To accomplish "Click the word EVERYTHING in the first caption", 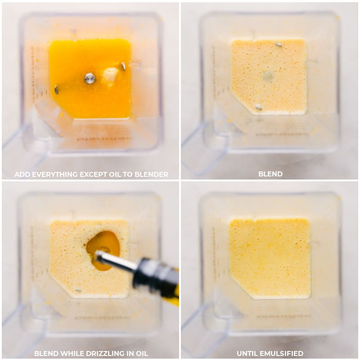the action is tap(54, 174).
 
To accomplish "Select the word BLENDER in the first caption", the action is tap(151, 174).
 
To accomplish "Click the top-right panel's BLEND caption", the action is tap(270, 174).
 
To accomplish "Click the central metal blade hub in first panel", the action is tap(90, 78).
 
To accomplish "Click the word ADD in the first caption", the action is tap(22, 174).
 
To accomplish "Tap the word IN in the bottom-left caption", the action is tap(131, 353).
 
